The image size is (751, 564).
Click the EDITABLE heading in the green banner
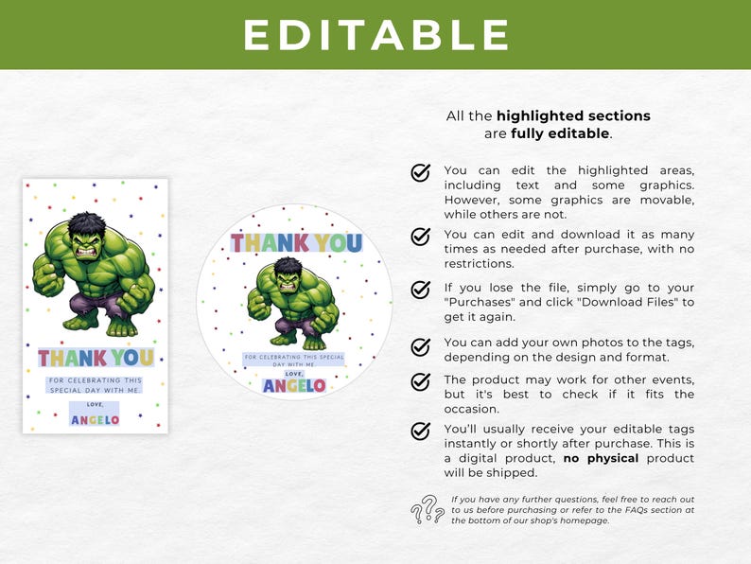(375, 35)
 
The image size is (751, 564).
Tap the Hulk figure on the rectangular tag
(95, 275)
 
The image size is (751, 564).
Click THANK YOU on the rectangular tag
(96, 358)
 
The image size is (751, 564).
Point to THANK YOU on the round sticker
(296, 243)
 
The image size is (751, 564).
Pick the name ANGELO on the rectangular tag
(95, 419)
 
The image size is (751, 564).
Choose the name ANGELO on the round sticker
(294, 385)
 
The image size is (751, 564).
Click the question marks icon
(428, 509)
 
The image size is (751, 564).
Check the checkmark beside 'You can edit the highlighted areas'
(420, 172)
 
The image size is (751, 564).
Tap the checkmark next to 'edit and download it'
(420, 236)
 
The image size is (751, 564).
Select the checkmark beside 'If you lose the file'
(420, 289)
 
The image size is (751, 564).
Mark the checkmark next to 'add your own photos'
(420, 347)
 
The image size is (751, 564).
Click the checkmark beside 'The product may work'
(420, 381)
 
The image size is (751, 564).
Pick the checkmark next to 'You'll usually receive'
(420, 431)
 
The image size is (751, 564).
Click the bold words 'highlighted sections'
(573, 116)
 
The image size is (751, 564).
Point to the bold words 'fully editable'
(560, 133)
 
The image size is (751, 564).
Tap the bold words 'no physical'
(601, 459)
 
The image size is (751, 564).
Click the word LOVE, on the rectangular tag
(95, 404)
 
